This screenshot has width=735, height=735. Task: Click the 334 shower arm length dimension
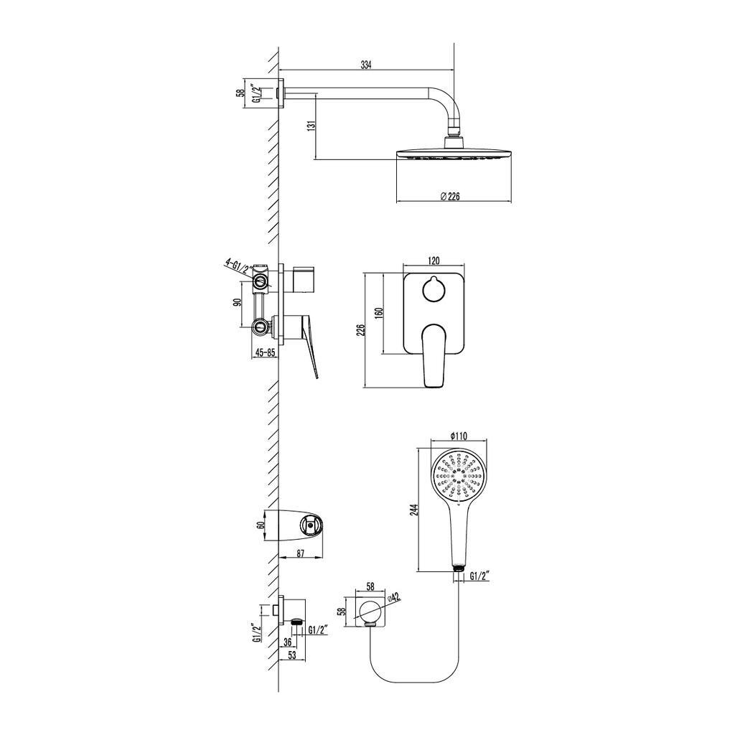[x=365, y=65]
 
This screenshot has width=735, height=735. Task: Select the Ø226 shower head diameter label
[x=450, y=197]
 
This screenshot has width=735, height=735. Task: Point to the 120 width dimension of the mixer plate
[x=434, y=261]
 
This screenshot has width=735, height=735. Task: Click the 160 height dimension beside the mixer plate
[x=379, y=313]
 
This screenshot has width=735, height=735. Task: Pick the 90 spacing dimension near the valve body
[x=237, y=302]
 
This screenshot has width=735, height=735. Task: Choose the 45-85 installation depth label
[x=264, y=352]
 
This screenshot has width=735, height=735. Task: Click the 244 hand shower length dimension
[x=413, y=510]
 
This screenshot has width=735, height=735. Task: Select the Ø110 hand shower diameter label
[x=458, y=436]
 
